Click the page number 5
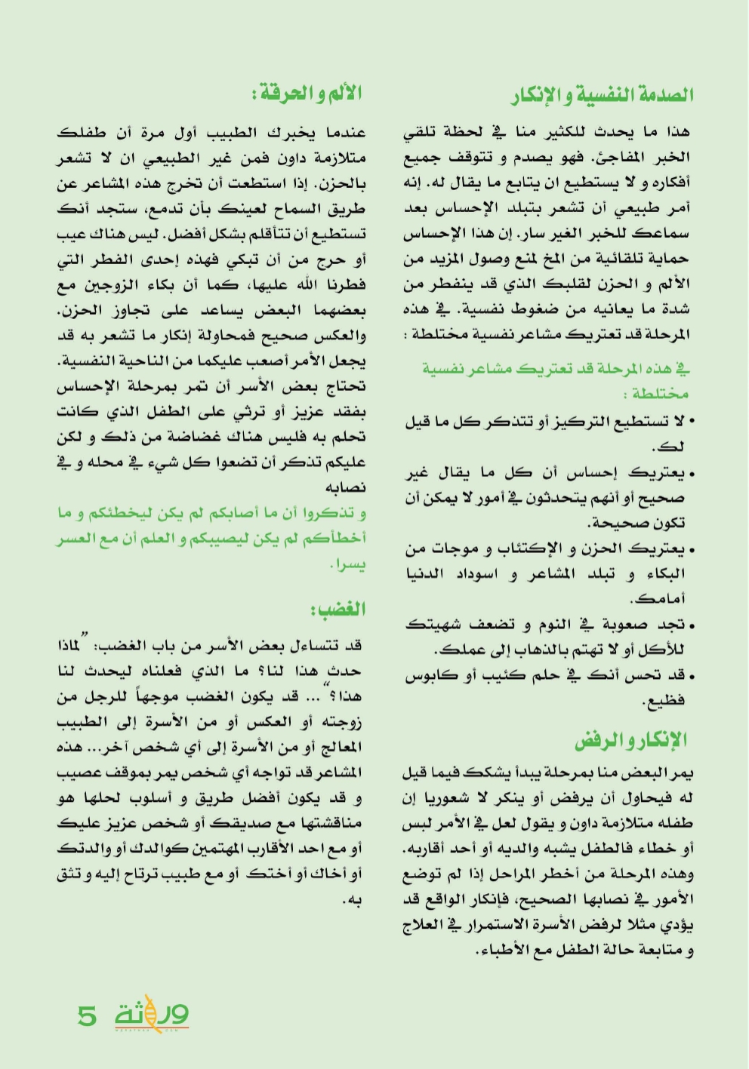88,1015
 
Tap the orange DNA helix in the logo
151,1012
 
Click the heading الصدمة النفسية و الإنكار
602,95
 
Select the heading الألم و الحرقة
307,94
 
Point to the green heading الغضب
338,609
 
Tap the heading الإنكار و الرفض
630,740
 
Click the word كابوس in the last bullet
430,675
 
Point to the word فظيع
664,701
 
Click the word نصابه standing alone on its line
346,487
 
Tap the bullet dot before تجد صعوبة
692,625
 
